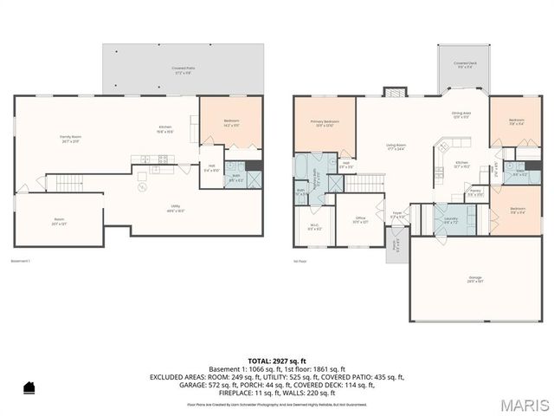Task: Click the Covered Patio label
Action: coord(182,69)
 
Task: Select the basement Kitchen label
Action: coord(164,130)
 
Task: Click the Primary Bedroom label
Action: coord(325,124)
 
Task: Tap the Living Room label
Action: coord(396,147)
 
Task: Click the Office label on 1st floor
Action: coord(359,220)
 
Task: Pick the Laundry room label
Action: coord(451,219)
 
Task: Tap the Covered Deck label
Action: coord(464,65)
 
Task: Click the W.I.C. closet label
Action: coord(315,228)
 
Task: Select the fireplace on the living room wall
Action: coord(394,90)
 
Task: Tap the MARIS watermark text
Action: coord(523,405)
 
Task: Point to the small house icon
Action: coord(28,387)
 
